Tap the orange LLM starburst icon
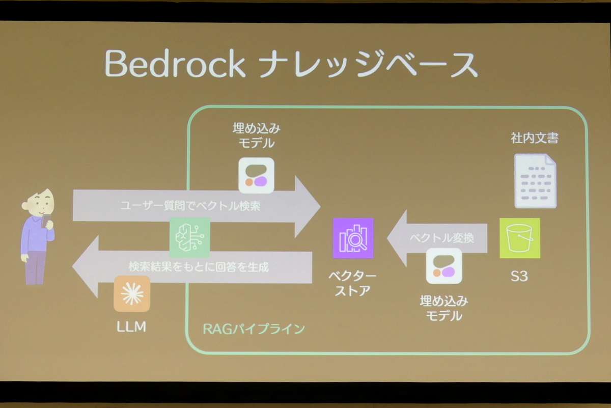132,294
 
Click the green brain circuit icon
189,237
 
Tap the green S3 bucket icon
519,238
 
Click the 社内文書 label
535,138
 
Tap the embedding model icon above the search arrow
257,176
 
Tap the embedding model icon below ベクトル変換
443,266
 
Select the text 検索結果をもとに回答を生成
199,266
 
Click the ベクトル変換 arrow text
441,237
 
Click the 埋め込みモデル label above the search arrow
257,135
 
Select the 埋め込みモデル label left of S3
443,308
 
